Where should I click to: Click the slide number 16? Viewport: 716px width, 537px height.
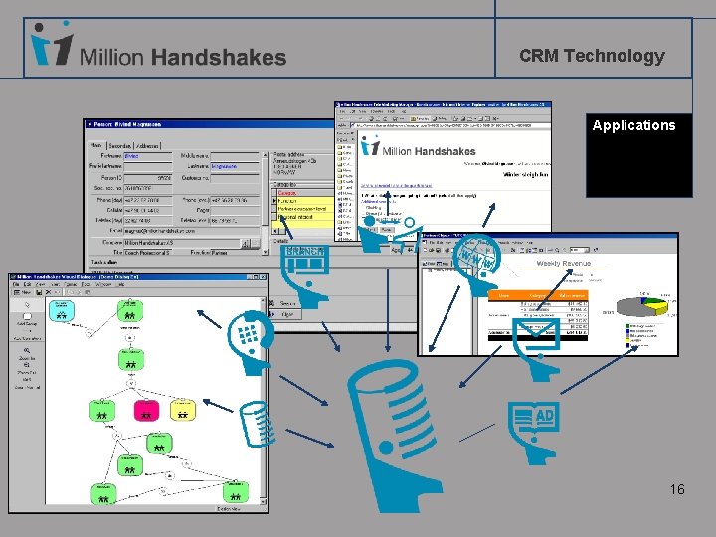pos(677,489)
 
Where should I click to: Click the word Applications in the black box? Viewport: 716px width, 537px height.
pos(633,125)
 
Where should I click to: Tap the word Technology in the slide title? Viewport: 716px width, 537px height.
pos(614,56)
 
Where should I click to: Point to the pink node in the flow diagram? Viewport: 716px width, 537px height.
pos(145,410)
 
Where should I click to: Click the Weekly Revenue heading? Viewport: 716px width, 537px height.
pos(563,264)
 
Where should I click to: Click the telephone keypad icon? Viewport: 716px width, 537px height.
pos(248,334)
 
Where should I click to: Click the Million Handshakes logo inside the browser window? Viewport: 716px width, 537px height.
pos(419,148)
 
